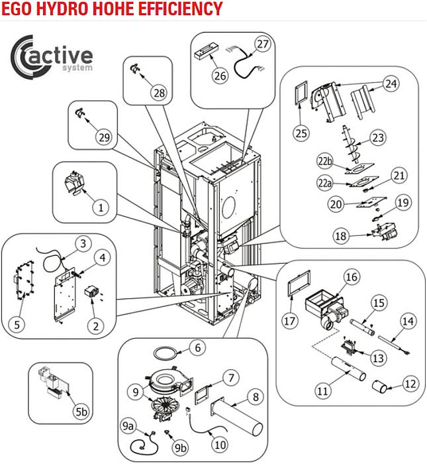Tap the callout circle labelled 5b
pos(81,412)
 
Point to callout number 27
pos(263,44)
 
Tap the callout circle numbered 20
pos(337,204)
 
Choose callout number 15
pos(378,302)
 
